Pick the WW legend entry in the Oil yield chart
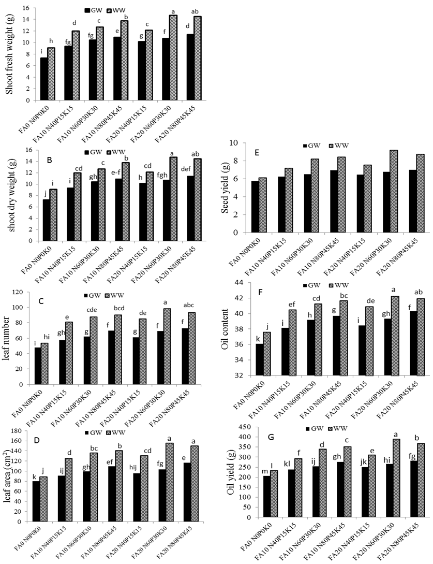coord(331,429)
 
